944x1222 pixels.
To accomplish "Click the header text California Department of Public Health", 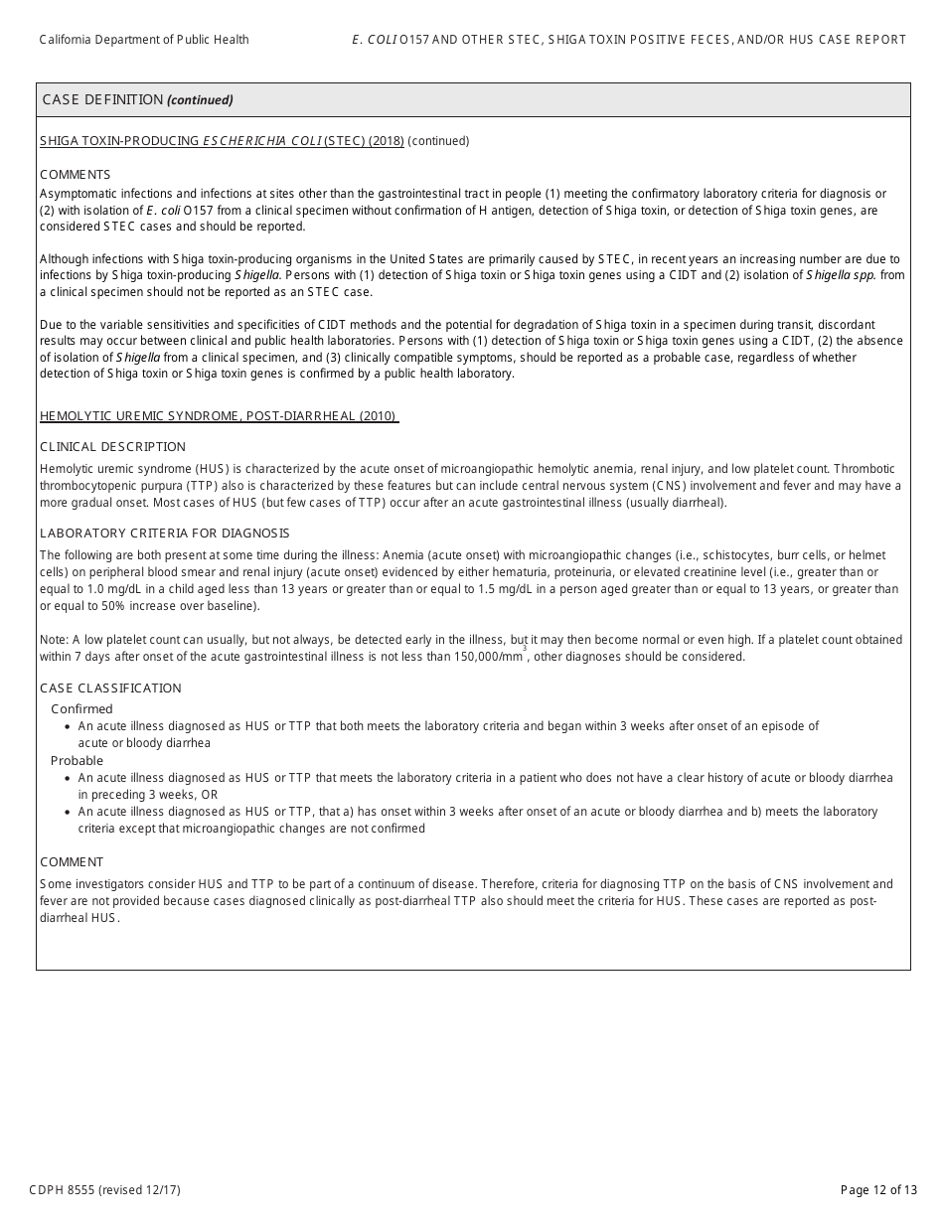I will (144, 40).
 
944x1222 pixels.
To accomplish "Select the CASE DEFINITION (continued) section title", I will (137, 99).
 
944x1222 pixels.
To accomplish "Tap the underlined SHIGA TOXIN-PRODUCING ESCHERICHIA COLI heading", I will (222, 141).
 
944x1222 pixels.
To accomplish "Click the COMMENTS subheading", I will (75, 174).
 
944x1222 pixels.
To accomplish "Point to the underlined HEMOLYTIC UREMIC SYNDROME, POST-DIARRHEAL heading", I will (219, 416).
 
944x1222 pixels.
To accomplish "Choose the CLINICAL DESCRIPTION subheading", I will (112, 447).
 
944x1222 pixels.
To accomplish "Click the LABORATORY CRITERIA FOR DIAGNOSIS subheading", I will (164, 534).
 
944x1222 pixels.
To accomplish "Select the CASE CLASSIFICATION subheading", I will (110, 688).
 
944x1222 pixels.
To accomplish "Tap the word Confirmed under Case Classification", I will (81, 709).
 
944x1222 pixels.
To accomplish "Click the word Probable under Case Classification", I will (77, 761).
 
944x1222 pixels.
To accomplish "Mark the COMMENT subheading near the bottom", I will (72, 862).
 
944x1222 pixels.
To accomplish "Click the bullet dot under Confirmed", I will (66, 727).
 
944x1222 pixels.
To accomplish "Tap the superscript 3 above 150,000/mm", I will (525, 648).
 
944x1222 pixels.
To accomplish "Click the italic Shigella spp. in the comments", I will (841, 275).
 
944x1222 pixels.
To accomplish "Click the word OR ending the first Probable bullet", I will (208, 795).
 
